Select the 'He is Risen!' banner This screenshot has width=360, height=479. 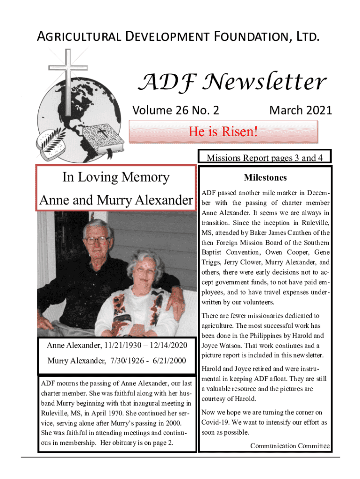click(223, 132)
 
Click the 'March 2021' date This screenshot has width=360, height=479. click(301, 110)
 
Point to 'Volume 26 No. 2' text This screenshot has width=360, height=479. click(176, 110)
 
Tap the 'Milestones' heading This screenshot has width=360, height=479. click(265, 178)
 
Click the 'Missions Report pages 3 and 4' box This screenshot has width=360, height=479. click(265, 158)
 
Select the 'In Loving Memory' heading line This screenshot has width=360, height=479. click(115, 177)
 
